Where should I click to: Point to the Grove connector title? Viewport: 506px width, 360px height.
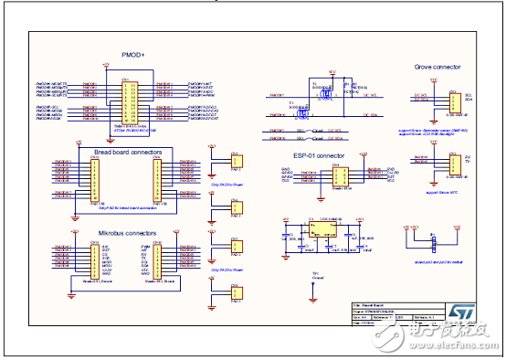click(x=437, y=67)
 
